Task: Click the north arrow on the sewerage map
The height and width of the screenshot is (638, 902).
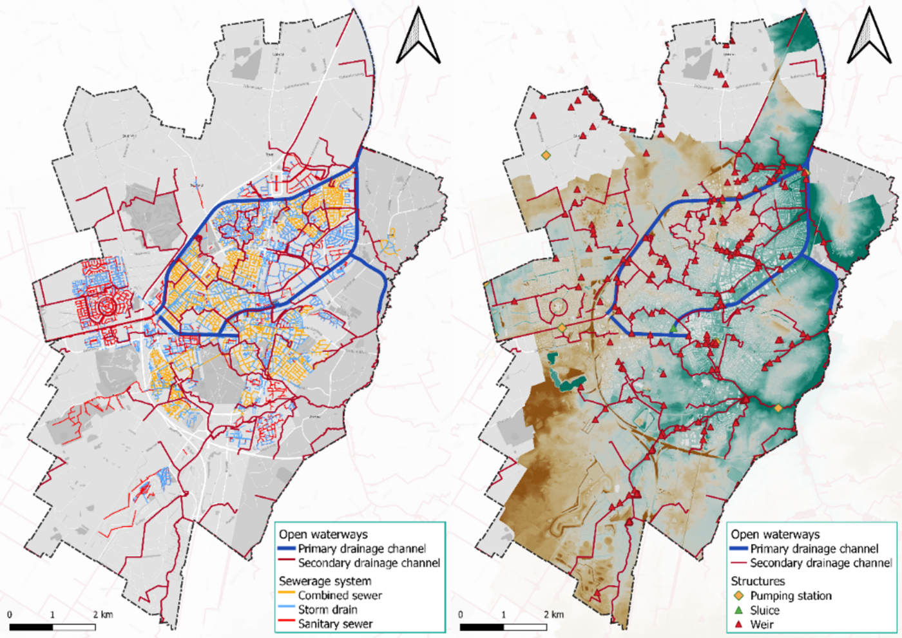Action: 418,37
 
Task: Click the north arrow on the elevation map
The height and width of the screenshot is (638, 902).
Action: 869,37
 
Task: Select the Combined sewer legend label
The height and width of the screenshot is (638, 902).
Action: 340,595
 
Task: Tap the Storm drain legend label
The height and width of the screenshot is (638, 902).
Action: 327,610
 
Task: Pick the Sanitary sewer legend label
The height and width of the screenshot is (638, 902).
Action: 335,624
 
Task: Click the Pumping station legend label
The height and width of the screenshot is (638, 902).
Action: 791,596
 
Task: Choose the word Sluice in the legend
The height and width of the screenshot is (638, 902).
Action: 765,610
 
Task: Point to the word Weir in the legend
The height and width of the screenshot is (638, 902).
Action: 762,624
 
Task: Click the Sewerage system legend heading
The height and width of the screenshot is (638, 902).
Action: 325,581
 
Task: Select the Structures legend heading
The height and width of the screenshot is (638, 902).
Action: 758,581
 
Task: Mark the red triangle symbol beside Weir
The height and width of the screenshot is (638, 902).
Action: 738,624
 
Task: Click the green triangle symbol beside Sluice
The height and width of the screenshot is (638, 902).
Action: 738,610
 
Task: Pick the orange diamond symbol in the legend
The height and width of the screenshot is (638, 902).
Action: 738,596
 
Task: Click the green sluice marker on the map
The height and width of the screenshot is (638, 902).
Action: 674,329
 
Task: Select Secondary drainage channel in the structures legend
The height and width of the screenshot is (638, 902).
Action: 821,563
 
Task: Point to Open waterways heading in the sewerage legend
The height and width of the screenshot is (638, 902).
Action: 323,534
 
